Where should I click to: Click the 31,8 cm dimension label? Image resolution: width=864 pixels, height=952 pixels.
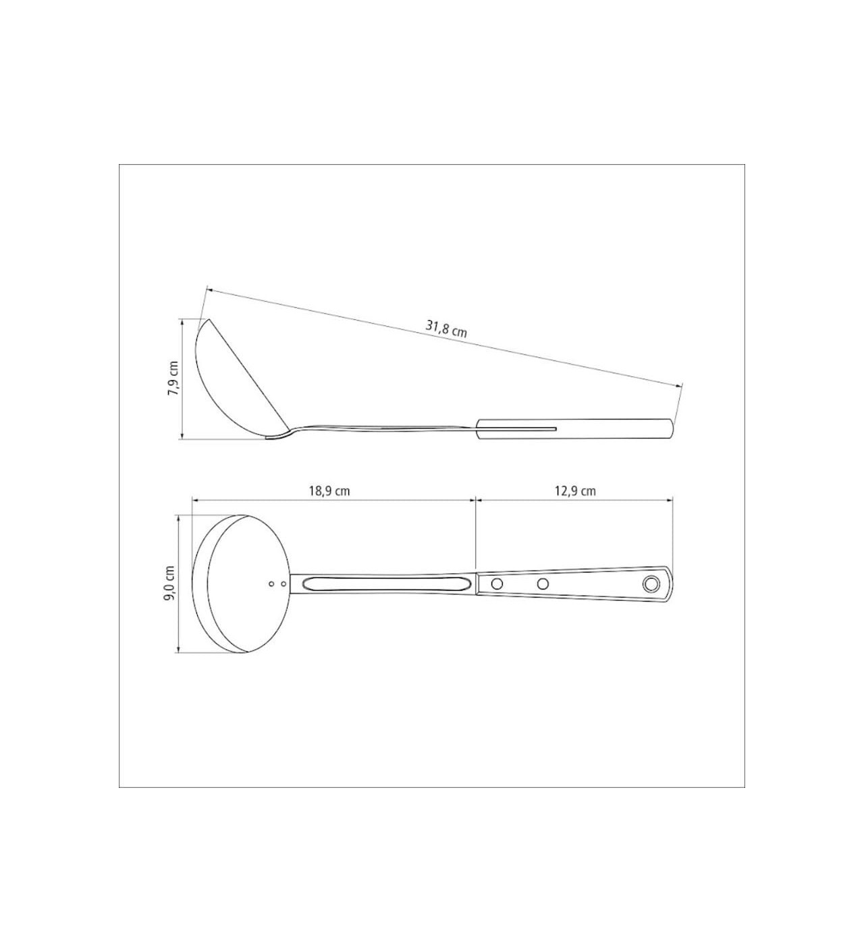(446, 328)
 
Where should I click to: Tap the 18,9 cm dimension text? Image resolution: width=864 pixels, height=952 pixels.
(329, 491)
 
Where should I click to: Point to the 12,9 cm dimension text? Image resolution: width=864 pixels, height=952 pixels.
(575, 491)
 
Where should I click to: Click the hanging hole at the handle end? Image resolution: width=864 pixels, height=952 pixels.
(651, 584)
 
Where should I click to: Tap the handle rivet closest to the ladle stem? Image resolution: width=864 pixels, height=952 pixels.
(497, 584)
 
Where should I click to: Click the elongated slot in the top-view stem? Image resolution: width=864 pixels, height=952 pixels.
(385, 584)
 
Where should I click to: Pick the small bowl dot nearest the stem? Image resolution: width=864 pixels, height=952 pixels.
(283, 584)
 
